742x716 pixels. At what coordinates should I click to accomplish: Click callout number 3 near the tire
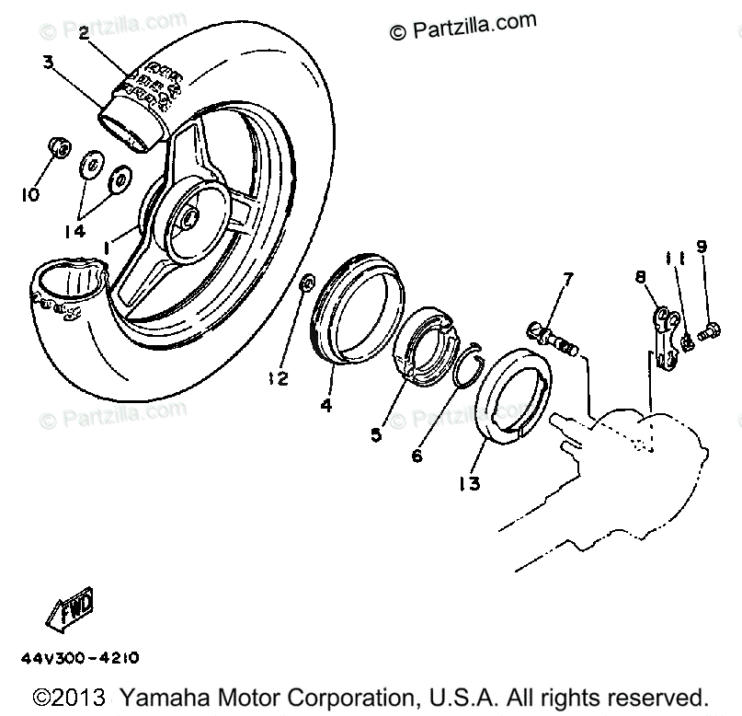(x=47, y=64)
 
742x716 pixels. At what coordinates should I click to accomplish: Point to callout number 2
(x=84, y=34)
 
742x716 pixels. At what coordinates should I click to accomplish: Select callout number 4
(x=327, y=404)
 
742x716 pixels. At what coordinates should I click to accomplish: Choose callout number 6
(x=417, y=455)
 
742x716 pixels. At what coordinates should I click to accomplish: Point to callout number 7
(x=568, y=276)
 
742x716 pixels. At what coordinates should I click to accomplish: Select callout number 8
(x=639, y=275)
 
